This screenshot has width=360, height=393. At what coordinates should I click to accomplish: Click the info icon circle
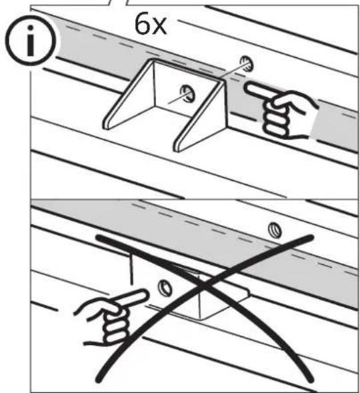click(x=31, y=41)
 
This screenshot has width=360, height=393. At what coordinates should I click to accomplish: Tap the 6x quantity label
click(x=151, y=25)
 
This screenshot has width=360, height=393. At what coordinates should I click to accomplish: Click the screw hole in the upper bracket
click(x=187, y=94)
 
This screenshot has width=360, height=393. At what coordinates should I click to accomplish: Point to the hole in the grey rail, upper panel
click(x=247, y=64)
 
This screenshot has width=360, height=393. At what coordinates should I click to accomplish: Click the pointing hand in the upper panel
click(x=281, y=111)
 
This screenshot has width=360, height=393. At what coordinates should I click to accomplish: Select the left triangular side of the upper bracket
click(x=128, y=95)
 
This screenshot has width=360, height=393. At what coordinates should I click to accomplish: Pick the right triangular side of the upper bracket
click(x=200, y=116)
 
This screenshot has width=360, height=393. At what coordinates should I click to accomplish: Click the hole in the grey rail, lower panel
click(x=275, y=230)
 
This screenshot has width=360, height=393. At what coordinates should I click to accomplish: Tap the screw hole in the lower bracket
click(x=165, y=288)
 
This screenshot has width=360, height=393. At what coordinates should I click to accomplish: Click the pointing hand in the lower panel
click(x=111, y=317)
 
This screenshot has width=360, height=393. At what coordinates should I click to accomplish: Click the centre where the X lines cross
click(x=205, y=286)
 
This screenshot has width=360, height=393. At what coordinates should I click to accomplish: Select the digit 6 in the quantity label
click(x=142, y=25)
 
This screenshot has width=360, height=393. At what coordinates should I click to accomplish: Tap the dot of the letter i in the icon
click(x=31, y=28)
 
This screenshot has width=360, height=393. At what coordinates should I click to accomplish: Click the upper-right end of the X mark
click(x=311, y=237)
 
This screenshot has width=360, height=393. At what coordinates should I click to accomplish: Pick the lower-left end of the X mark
click(x=99, y=380)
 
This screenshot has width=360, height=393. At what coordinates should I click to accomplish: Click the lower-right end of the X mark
click(x=311, y=380)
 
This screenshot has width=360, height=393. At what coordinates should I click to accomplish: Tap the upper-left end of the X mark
click(x=99, y=237)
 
